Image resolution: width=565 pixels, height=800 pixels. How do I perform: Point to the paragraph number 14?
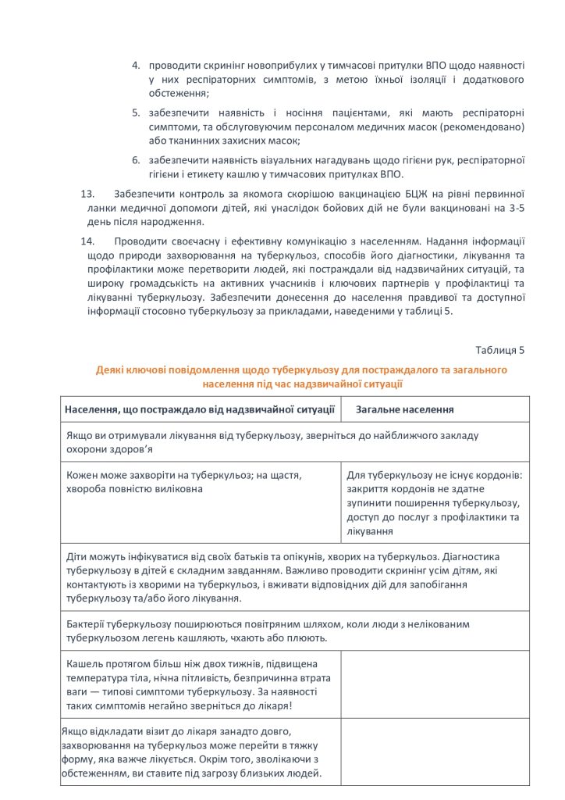[89, 242]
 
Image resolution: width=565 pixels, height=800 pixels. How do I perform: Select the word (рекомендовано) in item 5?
[489, 127]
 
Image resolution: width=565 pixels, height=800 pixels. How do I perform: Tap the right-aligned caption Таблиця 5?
[499, 349]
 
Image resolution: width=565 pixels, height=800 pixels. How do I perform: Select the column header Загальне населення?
[405, 409]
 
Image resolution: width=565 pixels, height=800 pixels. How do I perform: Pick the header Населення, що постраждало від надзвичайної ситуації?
[201, 409]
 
